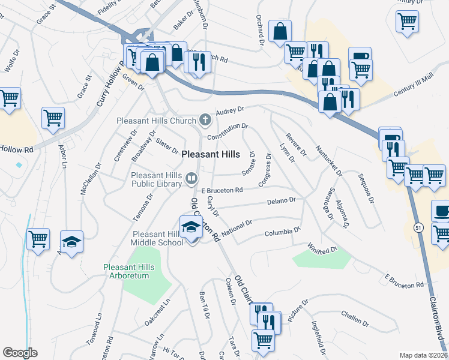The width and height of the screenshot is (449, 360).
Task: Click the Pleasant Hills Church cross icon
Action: [205, 120]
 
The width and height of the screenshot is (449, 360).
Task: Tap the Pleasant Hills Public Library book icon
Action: [191, 177]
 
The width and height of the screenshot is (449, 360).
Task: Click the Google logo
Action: [20, 352]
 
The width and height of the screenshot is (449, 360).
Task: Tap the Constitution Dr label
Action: [228, 132]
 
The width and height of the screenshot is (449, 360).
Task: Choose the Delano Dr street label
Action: [283, 200]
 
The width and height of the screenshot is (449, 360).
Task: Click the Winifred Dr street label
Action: [324, 247]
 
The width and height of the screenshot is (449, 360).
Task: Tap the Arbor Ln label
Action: [63, 157]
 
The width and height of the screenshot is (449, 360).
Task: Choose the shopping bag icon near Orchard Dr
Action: [280, 32]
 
